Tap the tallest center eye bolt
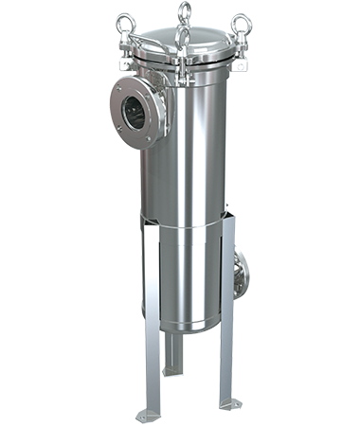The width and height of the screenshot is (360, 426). pyautogui.click(x=179, y=11)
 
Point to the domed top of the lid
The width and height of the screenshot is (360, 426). pyautogui.click(x=180, y=43)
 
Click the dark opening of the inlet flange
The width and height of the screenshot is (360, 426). pyautogui.click(x=135, y=111)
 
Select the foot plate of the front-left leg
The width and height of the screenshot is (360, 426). pyautogui.click(x=149, y=415)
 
